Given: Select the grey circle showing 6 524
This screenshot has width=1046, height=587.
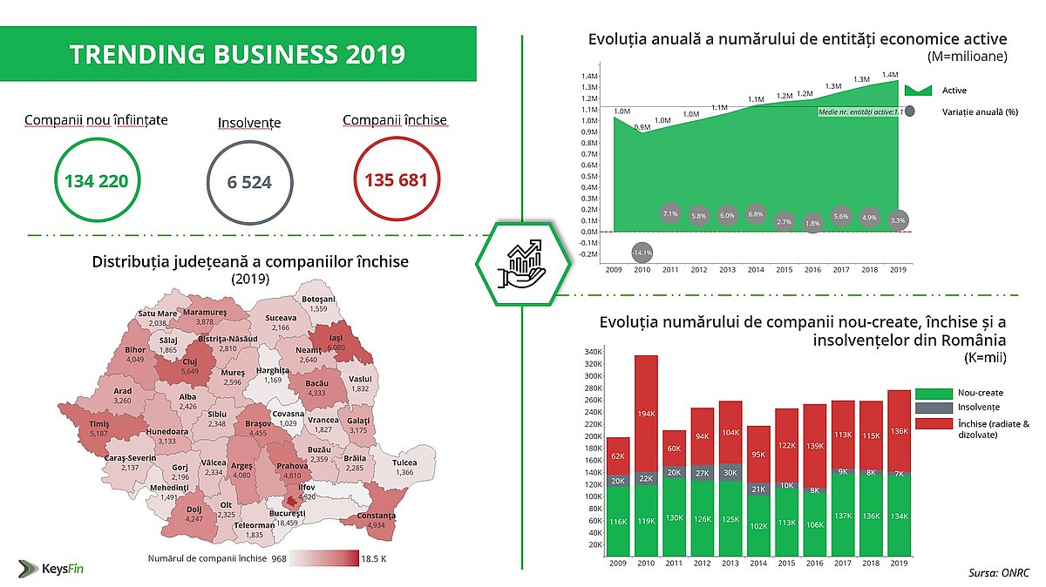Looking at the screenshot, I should point(248,183).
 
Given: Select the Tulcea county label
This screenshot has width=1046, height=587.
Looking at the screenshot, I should point(404,462).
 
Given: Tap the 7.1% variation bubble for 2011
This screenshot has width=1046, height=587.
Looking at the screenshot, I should point(671,213).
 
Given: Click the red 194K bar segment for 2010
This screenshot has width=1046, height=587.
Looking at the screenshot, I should point(646,412).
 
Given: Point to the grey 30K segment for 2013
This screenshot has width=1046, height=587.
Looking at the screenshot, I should point(730,474).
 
